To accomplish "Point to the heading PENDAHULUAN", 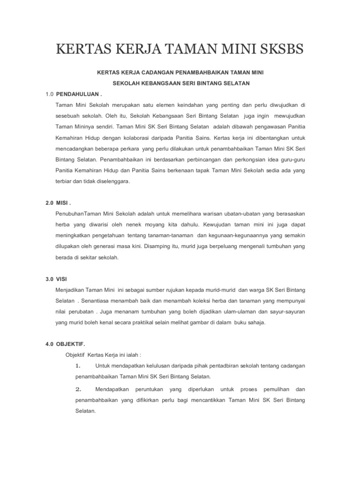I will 82,94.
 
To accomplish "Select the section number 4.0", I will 50,344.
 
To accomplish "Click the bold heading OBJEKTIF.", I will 72,344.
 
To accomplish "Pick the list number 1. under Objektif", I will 78,366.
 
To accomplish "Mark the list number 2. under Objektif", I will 78,389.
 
